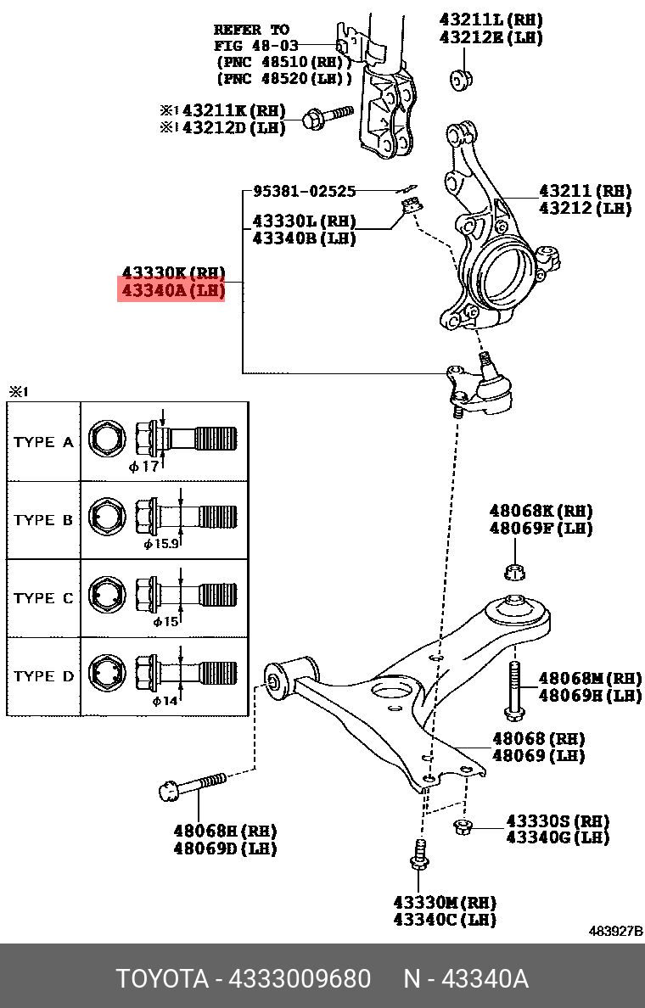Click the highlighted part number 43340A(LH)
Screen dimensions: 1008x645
(173, 291)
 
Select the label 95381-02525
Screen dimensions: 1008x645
(304, 192)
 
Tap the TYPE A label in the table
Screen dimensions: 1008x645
(44, 442)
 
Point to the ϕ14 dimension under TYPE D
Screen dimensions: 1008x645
(165, 701)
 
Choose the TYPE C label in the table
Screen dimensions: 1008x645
(44, 598)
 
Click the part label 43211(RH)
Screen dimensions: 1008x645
(585, 191)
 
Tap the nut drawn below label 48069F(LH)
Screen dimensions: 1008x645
(513, 572)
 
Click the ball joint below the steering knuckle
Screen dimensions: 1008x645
(490, 389)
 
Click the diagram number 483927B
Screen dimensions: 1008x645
(615, 931)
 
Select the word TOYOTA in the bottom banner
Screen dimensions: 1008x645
(162, 978)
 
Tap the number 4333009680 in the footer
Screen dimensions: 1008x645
(300, 978)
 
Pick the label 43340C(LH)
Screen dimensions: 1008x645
(444, 919)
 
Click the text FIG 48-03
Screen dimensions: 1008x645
(251, 45)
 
